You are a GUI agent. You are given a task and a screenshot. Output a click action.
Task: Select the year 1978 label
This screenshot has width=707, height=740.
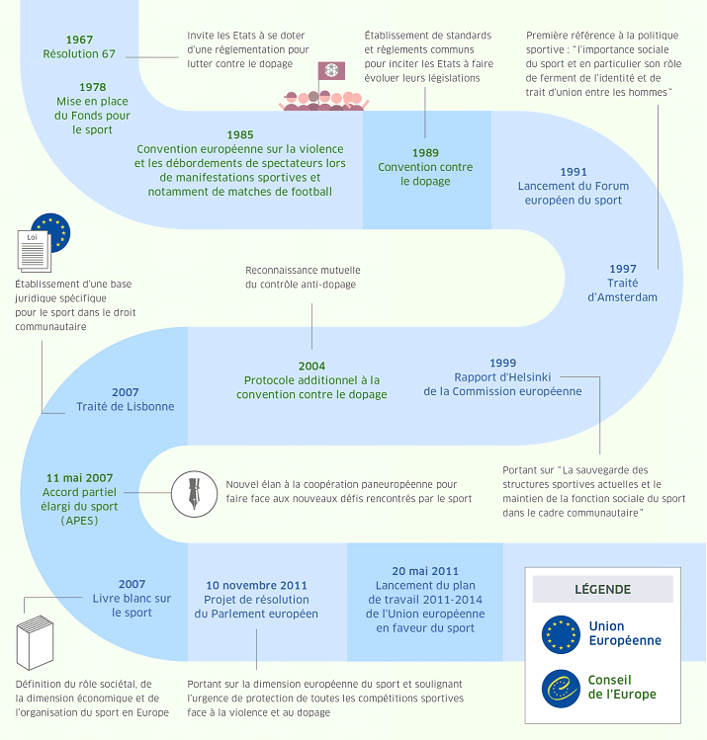click(x=92, y=87)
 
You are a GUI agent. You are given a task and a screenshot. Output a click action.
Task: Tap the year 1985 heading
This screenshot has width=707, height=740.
click(x=239, y=134)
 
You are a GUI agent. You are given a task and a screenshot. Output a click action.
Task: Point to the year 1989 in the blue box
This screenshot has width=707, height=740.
click(x=425, y=153)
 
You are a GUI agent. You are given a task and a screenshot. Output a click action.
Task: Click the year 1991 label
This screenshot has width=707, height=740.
click(x=573, y=171)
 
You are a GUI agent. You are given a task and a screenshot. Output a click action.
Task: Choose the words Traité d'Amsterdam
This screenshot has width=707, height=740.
click(x=622, y=289)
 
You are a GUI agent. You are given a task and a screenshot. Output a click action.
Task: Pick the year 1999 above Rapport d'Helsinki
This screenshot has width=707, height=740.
click(x=502, y=363)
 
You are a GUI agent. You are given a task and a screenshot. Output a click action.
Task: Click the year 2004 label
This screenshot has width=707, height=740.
click(x=311, y=366)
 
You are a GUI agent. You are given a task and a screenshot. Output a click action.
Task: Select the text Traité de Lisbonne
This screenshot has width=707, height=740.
click(x=126, y=406)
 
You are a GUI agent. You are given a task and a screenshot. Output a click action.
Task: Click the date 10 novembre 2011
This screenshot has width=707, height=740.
click(x=256, y=584)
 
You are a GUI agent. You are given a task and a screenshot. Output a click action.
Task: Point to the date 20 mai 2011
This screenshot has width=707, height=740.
click(x=425, y=570)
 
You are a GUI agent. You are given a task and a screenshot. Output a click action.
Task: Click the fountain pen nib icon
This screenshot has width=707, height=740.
click(x=191, y=491)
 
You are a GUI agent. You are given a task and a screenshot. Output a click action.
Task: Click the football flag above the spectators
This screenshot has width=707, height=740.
click(x=330, y=72)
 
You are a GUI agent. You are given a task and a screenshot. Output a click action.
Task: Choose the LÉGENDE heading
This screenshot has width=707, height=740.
click(x=602, y=590)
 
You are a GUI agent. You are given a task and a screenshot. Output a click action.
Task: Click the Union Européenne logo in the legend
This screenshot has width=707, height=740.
click(x=561, y=634)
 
